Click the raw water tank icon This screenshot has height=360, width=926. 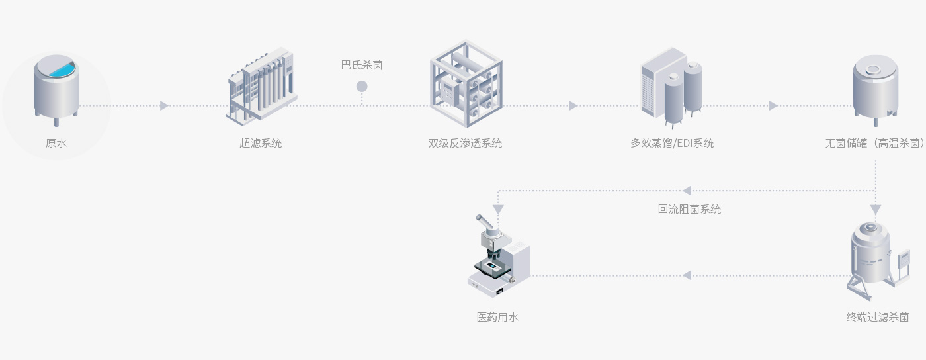(56, 89)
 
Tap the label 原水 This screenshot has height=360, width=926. (56, 143)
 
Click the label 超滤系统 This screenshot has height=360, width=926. (261, 143)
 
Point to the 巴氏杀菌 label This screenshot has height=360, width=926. (362, 65)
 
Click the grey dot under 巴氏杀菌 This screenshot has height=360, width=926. (362, 86)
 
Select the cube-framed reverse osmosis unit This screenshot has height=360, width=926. (466, 83)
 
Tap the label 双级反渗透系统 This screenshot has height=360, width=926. (465, 143)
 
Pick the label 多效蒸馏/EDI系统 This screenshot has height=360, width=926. (672, 143)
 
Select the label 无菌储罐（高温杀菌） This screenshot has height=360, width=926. (875, 143)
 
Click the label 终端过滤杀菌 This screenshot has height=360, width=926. (877, 317)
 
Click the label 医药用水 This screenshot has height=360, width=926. (498, 317)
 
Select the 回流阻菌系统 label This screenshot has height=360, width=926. (689, 209)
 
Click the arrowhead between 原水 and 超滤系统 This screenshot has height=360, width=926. (164, 106)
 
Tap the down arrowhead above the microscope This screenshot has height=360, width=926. (498, 209)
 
